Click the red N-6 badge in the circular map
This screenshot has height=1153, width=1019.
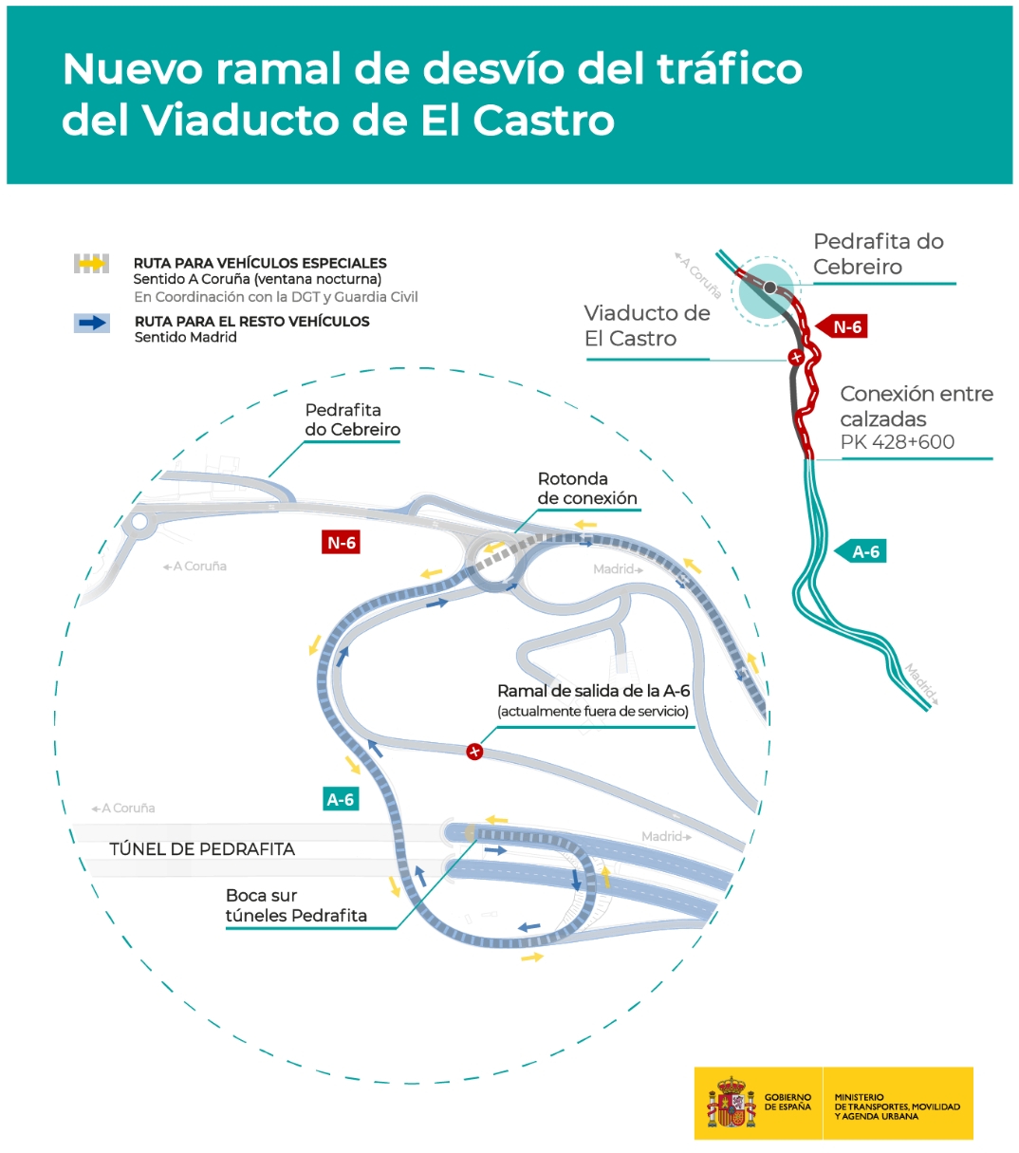coord(341,543)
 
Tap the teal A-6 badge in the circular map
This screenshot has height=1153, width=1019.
coord(341,799)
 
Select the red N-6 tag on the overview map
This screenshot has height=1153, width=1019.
coord(842,326)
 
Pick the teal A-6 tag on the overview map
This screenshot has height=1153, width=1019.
coord(861,551)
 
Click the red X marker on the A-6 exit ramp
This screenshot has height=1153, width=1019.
coord(474,752)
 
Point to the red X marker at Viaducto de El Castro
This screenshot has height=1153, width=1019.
coord(795,358)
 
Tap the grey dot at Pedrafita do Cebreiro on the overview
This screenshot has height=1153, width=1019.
coord(769,288)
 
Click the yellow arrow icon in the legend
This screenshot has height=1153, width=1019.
coord(92,264)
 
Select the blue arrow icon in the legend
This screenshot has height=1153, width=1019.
coord(92,324)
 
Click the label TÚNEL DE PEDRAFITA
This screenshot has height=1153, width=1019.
coord(202,849)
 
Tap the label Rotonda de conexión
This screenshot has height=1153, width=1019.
coord(587,489)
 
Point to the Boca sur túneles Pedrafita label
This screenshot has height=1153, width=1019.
coord(296,905)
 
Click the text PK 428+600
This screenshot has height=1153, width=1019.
coord(898,441)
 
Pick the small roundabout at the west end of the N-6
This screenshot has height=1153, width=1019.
coord(139,522)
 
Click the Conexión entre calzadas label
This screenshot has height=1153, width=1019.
coord(917,406)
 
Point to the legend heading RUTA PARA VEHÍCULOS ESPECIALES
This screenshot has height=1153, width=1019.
coord(260,263)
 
